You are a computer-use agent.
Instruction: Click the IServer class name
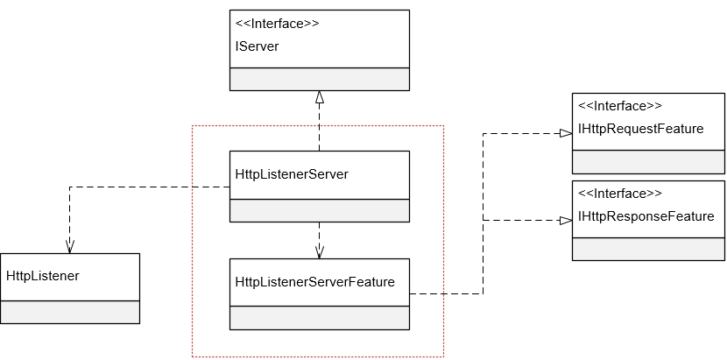(x=258, y=46)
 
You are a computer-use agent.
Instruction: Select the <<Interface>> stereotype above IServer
(x=278, y=24)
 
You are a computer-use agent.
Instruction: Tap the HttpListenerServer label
(x=292, y=174)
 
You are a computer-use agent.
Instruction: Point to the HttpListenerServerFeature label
(x=315, y=282)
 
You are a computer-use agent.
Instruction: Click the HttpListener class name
(x=43, y=276)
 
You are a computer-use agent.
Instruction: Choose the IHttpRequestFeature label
(x=640, y=129)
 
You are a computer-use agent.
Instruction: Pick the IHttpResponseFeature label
(x=646, y=216)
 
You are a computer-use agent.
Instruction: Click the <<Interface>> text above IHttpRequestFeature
(x=620, y=106)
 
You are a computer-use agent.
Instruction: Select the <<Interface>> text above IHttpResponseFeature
(x=620, y=194)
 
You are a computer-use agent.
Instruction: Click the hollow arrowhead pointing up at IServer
(x=320, y=96)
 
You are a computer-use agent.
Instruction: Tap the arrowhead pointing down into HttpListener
(x=69, y=246)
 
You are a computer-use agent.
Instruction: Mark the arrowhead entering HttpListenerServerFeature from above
(x=320, y=251)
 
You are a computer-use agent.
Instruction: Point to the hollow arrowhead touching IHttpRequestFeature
(x=565, y=133)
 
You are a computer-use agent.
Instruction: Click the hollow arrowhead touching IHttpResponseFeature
(x=565, y=221)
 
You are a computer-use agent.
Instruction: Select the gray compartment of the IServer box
(x=320, y=79)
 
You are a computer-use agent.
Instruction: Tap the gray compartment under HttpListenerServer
(x=320, y=210)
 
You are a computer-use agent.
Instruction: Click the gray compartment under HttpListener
(x=70, y=312)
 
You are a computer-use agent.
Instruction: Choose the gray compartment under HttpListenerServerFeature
(x=320, y=317)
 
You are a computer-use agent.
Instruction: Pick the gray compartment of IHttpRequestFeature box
(x=649, y=161)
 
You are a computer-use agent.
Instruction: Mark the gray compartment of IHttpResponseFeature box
(x=649, y=249)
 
